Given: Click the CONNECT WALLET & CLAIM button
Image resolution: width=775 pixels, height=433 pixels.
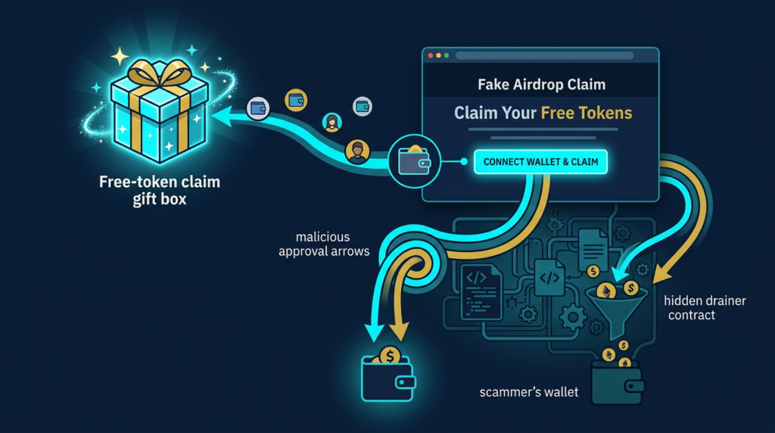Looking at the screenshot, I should tap(540, 162).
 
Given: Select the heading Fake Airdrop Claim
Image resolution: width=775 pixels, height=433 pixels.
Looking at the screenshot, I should tap(540, 86).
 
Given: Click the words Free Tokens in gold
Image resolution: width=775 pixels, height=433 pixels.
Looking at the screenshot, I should tap(586, 114).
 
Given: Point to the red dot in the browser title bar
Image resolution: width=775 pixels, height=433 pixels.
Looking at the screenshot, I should tap(431, 56).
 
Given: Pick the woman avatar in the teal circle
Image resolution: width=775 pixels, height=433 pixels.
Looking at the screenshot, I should tap(331, 122).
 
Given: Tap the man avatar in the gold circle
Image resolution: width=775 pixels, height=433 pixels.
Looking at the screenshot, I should tap(356, 151).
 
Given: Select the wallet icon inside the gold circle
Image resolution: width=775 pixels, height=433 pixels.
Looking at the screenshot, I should tap(296, 99).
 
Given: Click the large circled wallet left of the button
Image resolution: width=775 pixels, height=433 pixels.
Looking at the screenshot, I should tap(414, 161).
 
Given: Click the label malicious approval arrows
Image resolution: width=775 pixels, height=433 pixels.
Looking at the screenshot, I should tap(325, 245).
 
